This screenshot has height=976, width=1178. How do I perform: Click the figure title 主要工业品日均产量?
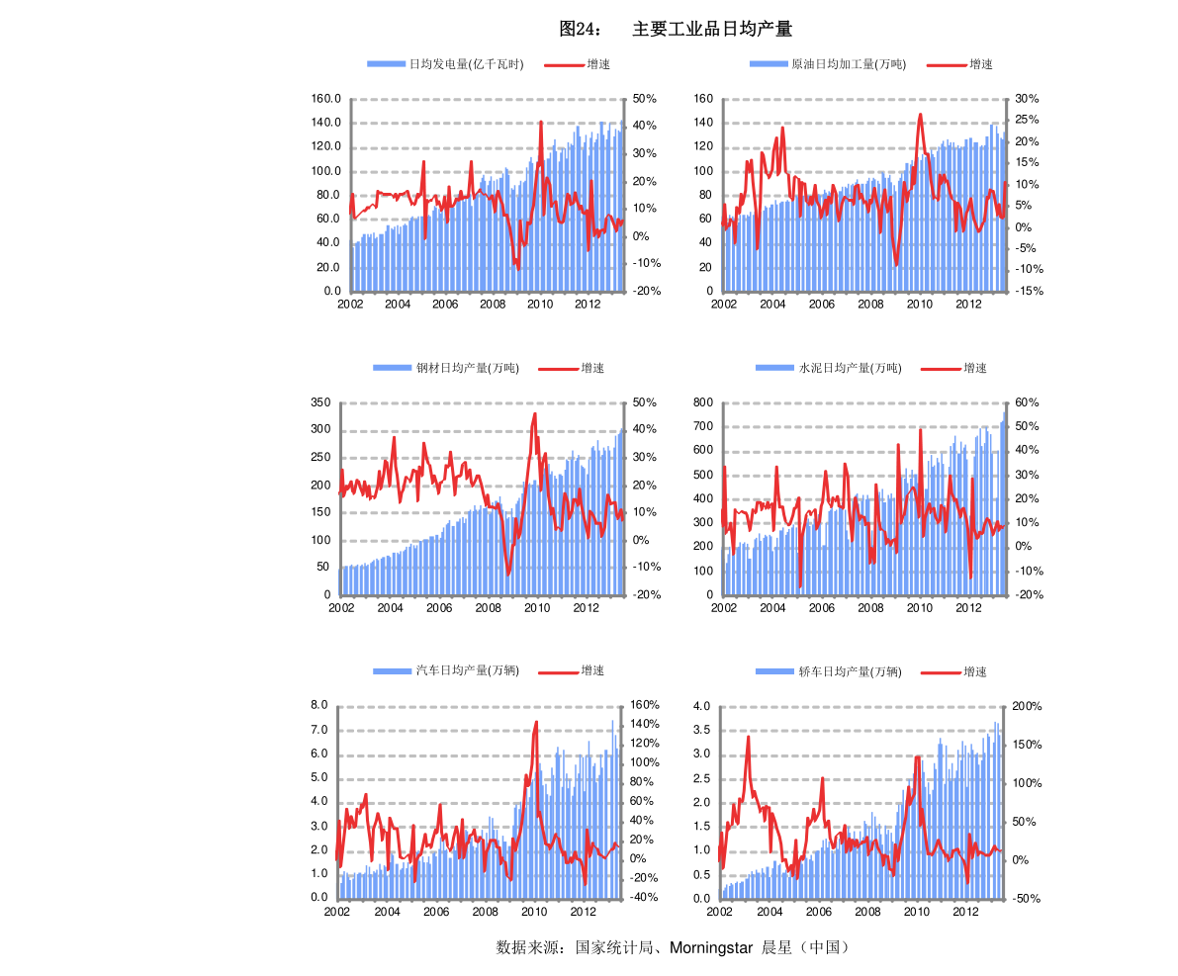pyautogui.click(x=712, y=29)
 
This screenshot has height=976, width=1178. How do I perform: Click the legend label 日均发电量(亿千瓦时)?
pyautogui.click(x=466, y=64)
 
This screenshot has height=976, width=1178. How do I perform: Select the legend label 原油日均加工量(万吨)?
pyautogui.click(x=849, y=64)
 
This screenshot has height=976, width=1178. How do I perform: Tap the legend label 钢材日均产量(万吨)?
pyautogui.click(x=467, y=368)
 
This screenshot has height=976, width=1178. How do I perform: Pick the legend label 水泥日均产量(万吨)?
pyautogui.click(x=850, y=368)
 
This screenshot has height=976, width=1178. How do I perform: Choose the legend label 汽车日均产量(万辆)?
pyautogui.click(x=467, y=670)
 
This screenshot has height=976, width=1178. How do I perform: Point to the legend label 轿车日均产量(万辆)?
pyautogui.click(x=850, y=671)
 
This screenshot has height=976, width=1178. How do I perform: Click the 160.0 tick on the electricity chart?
pyautogui.click(x=326, y=99)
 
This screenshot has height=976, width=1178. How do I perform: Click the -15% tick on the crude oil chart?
pyautogui.click(x=1030, y=291)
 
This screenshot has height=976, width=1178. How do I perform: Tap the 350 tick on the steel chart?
pyautogui.click(x=320, y=402)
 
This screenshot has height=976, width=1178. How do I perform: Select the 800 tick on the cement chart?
pyautogui.click(x=703, y=402)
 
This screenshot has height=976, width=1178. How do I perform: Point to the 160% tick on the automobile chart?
pyautogui.click(x=645, y=705)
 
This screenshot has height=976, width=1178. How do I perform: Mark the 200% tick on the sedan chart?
pyautogui.click(x=1027, y=706)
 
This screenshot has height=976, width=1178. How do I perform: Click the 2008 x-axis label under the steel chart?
pyautogui.click(x=489, y=608)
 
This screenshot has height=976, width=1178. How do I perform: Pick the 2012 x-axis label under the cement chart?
pyautogui.click(x=968, y=608)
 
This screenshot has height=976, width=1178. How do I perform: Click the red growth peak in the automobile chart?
pyautogui.click(x=536, y=723)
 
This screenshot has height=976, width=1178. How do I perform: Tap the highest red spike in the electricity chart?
pyautogui.click(x=541, y=122)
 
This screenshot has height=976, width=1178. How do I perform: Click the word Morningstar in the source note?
pyautogui.click(x=711, y=948)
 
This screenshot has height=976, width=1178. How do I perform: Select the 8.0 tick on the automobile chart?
pyautogui.click(x=319, y=705)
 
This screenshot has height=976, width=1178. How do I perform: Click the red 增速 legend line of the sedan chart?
pyautogui.click(x=941, y=672)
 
